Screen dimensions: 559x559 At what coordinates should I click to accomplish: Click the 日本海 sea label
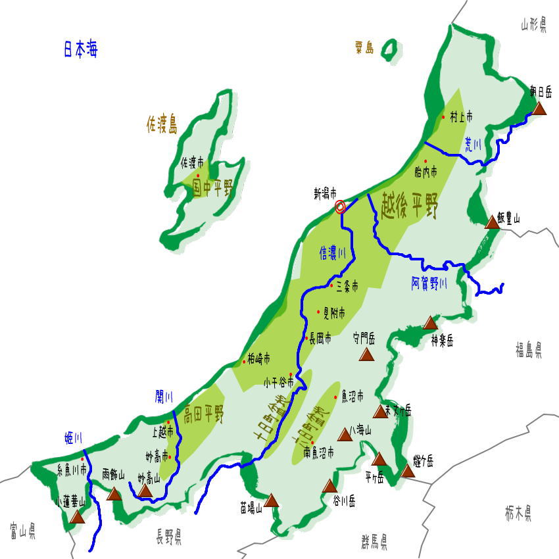tap(81, 50)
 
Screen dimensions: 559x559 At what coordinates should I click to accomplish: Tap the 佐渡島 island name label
tap(162, 124)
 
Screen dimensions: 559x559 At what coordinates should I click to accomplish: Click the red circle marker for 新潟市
tap(340, 207)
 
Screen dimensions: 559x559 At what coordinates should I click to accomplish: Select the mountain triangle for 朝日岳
tap(539, 108)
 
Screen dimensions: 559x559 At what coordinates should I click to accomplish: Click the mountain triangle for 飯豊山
tap(492, 222)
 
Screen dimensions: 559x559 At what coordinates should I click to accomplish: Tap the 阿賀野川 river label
tap(429, 283)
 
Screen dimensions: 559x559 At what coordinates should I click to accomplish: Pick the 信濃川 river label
tap(332, 253)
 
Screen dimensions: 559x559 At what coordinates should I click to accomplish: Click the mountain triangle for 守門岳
tap(366, 355)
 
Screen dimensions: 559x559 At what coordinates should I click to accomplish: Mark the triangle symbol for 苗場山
tap(272, 500)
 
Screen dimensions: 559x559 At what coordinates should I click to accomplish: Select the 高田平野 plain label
tap(204, 414)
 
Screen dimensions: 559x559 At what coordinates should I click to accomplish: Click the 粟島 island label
tap(364, 47)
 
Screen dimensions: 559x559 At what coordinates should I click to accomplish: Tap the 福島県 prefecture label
tap(529, 349)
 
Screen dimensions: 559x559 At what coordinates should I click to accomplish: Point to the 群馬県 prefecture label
tap(374, 542)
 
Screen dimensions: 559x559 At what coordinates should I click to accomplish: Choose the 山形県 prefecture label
tap(533, 25)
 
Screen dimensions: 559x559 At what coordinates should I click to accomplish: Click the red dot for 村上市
tap(443, 117)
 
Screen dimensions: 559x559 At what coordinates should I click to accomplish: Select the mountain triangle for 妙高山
tap(145, 491)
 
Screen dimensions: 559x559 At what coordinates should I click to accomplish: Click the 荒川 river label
tap(474, 145)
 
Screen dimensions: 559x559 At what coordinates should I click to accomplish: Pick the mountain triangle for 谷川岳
tap(330, 486)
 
